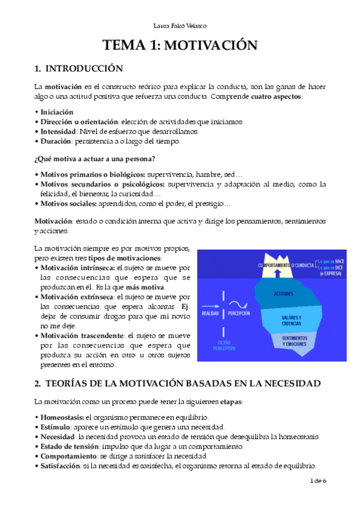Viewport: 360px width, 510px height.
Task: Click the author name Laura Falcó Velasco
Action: (x=180, y=25)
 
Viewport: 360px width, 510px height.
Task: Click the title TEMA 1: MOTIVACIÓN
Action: (x=180, y=46)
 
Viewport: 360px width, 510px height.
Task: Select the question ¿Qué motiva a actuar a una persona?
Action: (x=95, y=159)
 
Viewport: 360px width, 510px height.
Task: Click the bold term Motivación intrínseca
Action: (x=78, y=267)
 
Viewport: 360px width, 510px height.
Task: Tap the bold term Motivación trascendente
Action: (x=82, y=334)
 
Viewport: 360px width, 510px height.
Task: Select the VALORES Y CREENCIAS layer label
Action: (x=291, y=319)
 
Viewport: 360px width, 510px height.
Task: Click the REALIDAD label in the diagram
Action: (x=210, y=313)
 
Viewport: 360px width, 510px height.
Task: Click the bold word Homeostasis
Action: (x=62, y=417)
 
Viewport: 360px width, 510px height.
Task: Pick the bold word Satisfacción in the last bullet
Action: (x=61, y=465)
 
